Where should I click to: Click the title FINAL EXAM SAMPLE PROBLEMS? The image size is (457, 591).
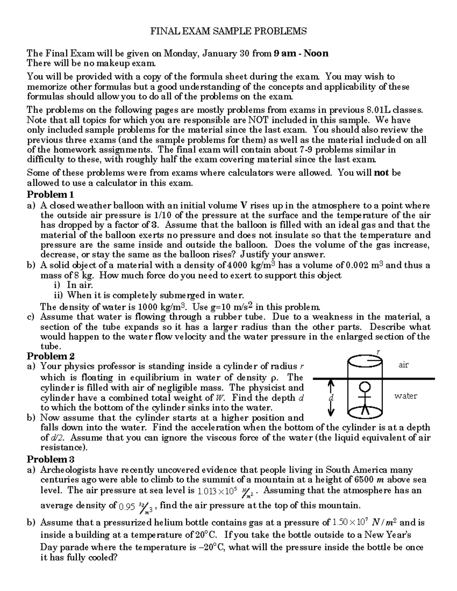tap(228, 31)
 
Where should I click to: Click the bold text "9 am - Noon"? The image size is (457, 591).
tap(301, 53)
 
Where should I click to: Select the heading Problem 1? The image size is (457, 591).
tap(50, 195)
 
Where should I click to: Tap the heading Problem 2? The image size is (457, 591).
tap(50, 357)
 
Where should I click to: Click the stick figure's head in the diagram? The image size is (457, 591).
tap(365, 388)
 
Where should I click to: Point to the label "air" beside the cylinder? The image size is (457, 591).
tap(403, 365)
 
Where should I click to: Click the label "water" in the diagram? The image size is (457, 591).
tap(406, 396)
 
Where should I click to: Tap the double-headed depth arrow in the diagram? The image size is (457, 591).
tap(331, 398)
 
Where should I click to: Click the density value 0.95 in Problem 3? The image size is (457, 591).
tap(127, 507)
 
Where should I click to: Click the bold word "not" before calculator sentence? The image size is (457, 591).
tap(381, 173)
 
